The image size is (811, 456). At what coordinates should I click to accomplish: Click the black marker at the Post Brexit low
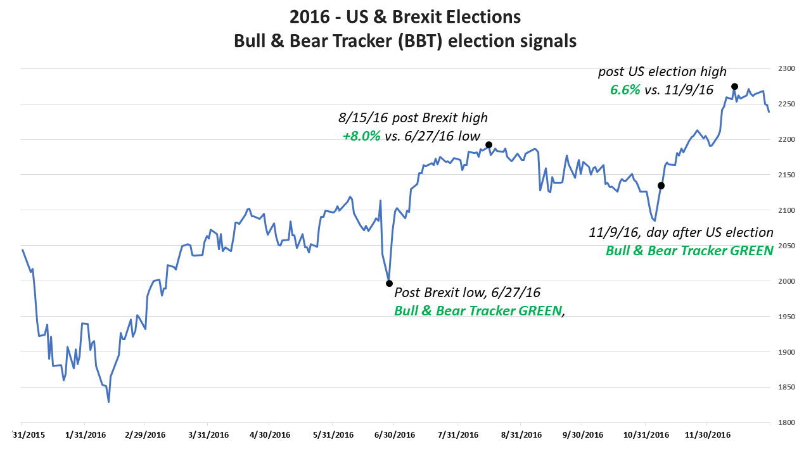click(389, 283)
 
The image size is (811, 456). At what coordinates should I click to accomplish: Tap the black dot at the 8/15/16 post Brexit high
click(489, 145)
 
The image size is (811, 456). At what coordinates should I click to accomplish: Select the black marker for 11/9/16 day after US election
click(661, 186)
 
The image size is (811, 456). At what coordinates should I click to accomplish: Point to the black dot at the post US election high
click(734, 86)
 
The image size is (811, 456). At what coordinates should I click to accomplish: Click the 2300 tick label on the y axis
click(785, 68)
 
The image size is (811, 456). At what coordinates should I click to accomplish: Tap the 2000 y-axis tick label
click(785, 281)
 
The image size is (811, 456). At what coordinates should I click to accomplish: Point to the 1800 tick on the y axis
click(785, 422)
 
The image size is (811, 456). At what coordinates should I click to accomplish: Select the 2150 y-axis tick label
click(785, 175)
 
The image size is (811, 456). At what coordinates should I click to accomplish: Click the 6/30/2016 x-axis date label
click(394, 435)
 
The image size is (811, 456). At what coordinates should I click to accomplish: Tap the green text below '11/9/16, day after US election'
click(689, 250)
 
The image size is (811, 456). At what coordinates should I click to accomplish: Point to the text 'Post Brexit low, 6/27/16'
click(467, 293)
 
